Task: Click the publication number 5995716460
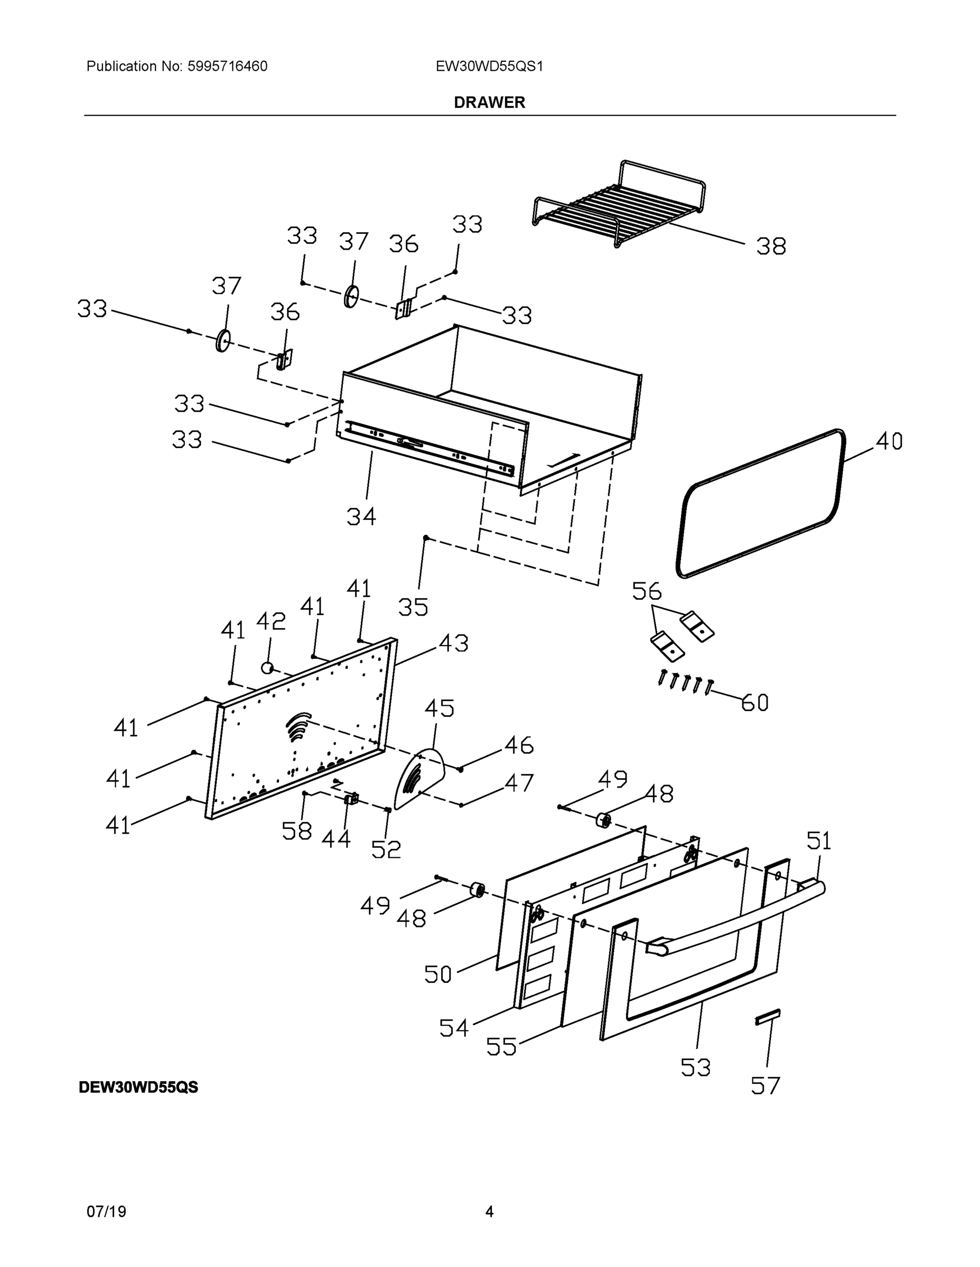point(227,66)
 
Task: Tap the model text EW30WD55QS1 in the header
point(489,66)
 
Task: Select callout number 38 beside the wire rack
point(770,247)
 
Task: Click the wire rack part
point(618,206)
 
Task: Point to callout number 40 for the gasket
point(888,441)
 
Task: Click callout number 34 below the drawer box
point(361,516)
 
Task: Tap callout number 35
point(413,607)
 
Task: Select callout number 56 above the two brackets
point(646,591)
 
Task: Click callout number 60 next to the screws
point(754,703)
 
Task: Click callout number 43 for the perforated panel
point(453,643)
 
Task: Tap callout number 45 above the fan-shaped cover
point(439,708)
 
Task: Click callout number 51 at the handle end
point(818,840)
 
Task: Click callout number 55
point(501,1046)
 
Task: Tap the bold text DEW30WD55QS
point(138,1087)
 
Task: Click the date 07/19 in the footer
point(106,1212)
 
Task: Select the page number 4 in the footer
point(489,1212)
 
